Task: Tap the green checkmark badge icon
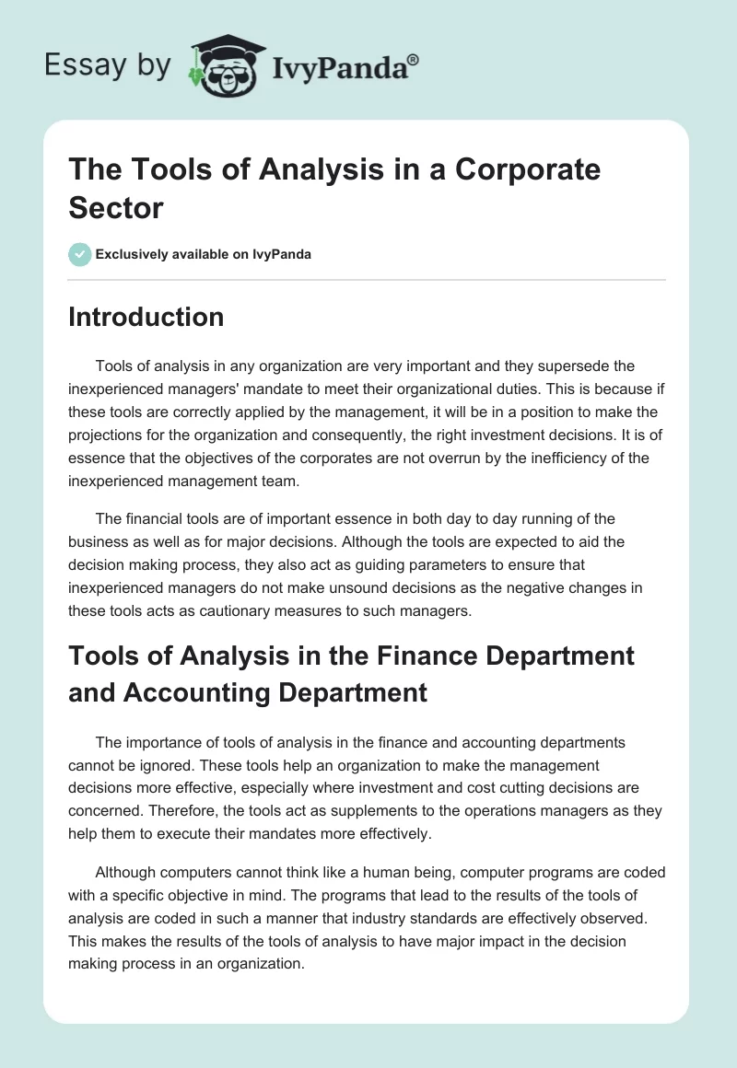click(80, 254)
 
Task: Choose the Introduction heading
click(146, 317)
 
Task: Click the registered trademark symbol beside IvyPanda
click(414, 58)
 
